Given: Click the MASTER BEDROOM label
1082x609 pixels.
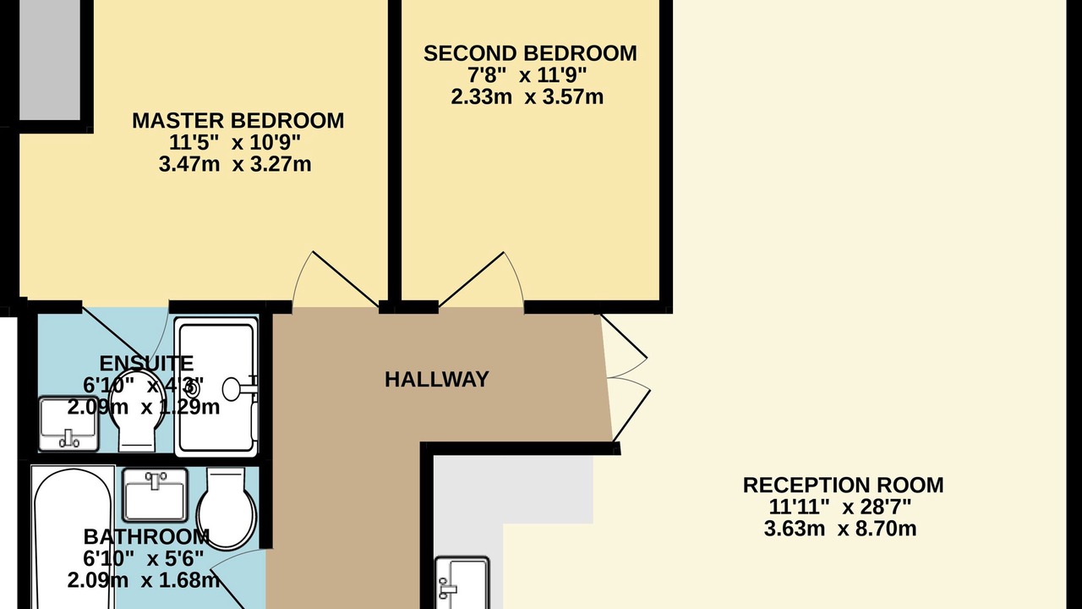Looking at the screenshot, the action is (x=238, y=121).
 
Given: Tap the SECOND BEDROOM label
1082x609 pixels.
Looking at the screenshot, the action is (x=530, y=53).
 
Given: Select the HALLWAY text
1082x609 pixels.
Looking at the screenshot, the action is (x=437, y=380).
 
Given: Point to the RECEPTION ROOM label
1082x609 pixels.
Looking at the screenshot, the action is (x=844, y=486).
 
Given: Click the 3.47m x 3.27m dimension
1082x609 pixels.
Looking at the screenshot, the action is (x=235, y=164).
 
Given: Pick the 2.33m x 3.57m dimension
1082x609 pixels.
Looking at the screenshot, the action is (x=527, y=96).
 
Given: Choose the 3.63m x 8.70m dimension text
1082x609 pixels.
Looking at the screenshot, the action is (x=840, y=529).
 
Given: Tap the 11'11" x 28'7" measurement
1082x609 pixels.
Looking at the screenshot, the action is (x=840, y=507).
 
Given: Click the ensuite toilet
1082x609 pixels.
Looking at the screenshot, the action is (x=139, y=410).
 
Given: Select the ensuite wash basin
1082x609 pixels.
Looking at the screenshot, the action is (x=68, y=424).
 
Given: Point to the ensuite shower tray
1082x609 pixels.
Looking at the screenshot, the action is (x=216, y=387).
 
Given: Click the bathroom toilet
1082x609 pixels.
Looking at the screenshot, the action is (x=227, y=508).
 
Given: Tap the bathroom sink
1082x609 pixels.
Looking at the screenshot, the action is (x=155, y=495).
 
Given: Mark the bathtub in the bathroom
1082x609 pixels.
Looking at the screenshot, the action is (x=74, y=537).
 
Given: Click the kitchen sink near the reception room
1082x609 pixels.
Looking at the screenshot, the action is (x=462, y=583).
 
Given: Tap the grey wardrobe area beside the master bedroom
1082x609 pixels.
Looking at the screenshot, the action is (x=50, y=60).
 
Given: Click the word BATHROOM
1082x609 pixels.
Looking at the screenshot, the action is (x=146, y=537).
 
